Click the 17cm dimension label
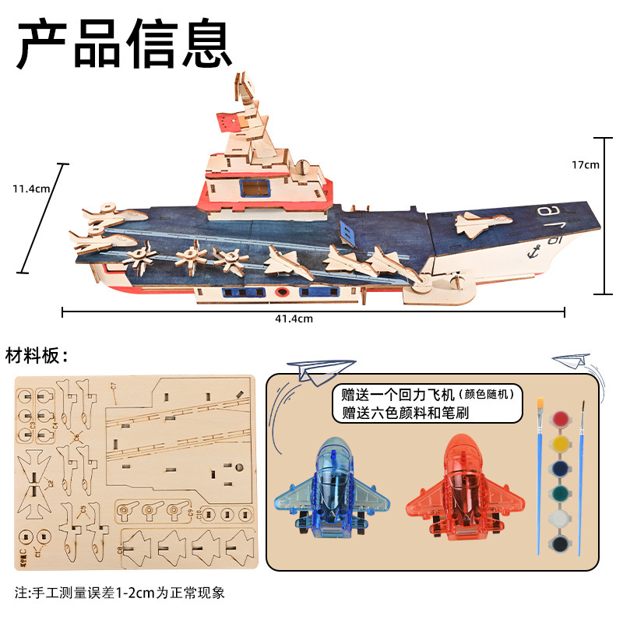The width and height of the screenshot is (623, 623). tap(585, 164)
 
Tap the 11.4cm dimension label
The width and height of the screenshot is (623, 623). tap(31, 188)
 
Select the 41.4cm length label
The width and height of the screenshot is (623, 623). tap(293, 318)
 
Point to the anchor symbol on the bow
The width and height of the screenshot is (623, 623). tap(534, 251)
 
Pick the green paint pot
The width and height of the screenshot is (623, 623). tap(560, 494)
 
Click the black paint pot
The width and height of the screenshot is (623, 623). tap(560, 543)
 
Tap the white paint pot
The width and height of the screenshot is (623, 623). tap(560, 519)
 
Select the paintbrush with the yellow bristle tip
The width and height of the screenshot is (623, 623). tap(539, 475)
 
